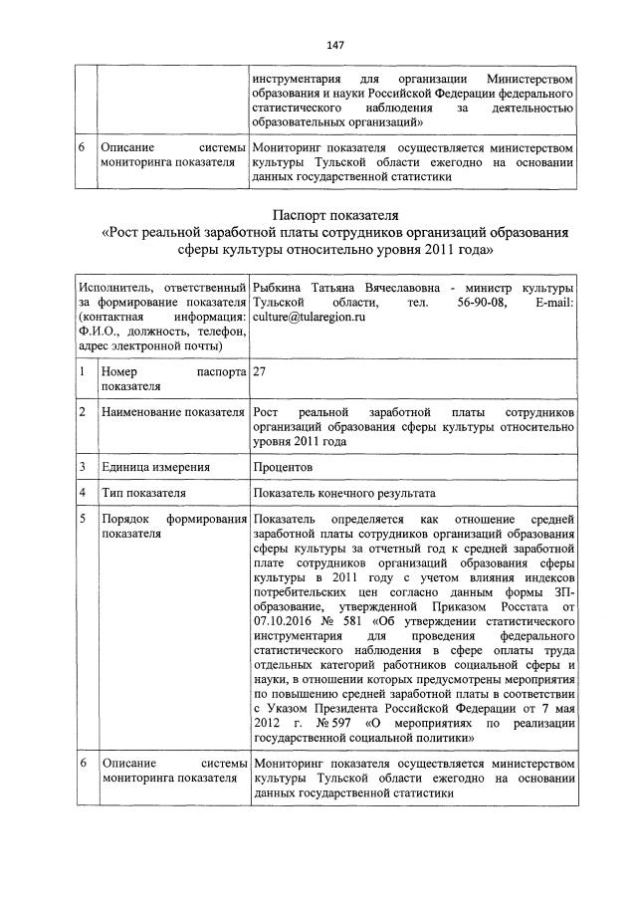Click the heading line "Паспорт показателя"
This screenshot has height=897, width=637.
click(335, 214)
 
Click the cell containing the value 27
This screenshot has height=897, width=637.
click(261, 370)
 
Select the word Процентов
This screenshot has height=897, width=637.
click(284, 466)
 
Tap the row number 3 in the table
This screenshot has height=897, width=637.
click(84, 466)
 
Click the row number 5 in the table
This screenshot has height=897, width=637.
click(84, 520)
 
